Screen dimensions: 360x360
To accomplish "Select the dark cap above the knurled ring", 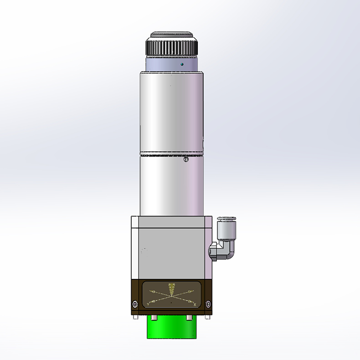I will pyautogui.click(x=172, y=35).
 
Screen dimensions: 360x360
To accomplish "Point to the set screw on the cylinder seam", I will pyautogui.click(x=185, y=159).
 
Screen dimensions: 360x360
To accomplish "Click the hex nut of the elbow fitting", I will pyautogui.click(x=212, y=251).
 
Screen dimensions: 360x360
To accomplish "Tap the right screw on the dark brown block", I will pyautogui.click(x=208, y=304).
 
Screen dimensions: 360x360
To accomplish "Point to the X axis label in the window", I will pyautogui.click(x=195, y=304).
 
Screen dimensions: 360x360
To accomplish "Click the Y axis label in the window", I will pyautogui.click(x=149, y=304).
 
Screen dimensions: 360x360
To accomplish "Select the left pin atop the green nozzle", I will pyautogui.click(x=154, y=317).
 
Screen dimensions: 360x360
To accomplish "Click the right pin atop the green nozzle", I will pyautogui.click(x=190, y=317).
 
